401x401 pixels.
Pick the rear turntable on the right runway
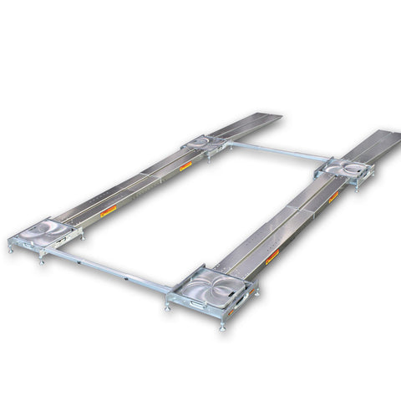tap(345, 168)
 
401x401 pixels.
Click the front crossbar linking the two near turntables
tap(117, 268)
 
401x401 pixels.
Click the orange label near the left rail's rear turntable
tap(185, 165)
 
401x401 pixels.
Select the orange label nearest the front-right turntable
tap(272, 257)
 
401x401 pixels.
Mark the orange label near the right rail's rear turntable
tap(332, 197)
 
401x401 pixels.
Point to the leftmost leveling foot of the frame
tap(11, 246)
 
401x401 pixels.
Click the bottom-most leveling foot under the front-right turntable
tap(223, 327)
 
